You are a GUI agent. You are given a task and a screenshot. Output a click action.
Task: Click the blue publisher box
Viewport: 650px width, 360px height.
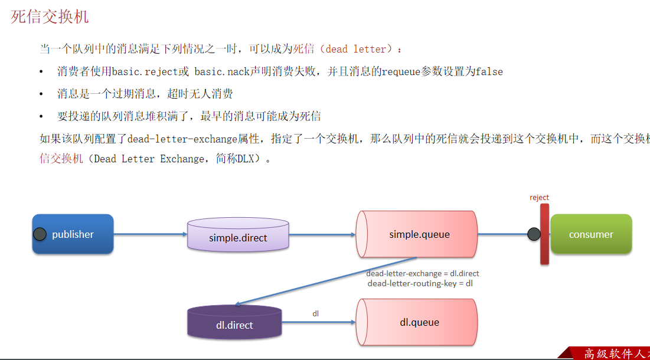(x=73, y=234)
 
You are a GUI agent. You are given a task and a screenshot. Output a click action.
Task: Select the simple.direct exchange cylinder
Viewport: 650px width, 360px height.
(x=238, y=237)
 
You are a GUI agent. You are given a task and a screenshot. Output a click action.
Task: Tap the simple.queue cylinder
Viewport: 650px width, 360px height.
(x=419, y=234)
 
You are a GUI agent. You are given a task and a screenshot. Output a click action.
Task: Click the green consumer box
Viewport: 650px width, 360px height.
(x=591, y=234)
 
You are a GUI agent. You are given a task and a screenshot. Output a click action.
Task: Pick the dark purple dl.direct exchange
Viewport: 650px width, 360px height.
(x=234, y=323)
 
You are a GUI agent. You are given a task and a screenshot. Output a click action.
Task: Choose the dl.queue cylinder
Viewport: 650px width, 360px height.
(x=419, y=322)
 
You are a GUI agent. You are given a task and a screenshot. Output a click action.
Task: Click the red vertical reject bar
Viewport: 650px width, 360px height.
(x=544, y=234)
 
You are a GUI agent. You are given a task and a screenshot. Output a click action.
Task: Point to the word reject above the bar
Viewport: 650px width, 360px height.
(x=539, y=198)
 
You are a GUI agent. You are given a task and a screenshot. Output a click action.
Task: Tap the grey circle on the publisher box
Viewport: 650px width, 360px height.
(x=40, y=234)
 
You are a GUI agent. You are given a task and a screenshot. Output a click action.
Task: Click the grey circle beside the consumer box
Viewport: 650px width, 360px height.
(x=534, y=234)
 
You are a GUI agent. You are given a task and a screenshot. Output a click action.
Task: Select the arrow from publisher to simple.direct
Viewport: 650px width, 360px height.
(x=150, y=234)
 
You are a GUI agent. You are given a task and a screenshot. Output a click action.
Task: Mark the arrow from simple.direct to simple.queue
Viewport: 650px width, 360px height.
(x=322, y=234)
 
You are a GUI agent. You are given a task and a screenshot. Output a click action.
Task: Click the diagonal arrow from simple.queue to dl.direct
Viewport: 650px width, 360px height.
(x=325, y=282)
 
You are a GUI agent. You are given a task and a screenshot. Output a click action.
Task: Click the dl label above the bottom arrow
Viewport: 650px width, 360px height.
(x=316, y=314)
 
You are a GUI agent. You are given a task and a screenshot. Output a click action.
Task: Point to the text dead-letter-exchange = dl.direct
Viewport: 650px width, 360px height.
(x=422, y=273)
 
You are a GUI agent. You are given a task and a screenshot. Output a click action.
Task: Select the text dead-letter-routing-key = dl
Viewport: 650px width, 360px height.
(x=420, y=283)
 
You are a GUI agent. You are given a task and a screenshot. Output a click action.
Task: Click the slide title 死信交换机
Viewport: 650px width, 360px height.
(x=50, y=17)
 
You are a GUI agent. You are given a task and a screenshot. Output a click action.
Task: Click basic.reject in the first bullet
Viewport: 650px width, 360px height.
(x=145, y=71)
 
